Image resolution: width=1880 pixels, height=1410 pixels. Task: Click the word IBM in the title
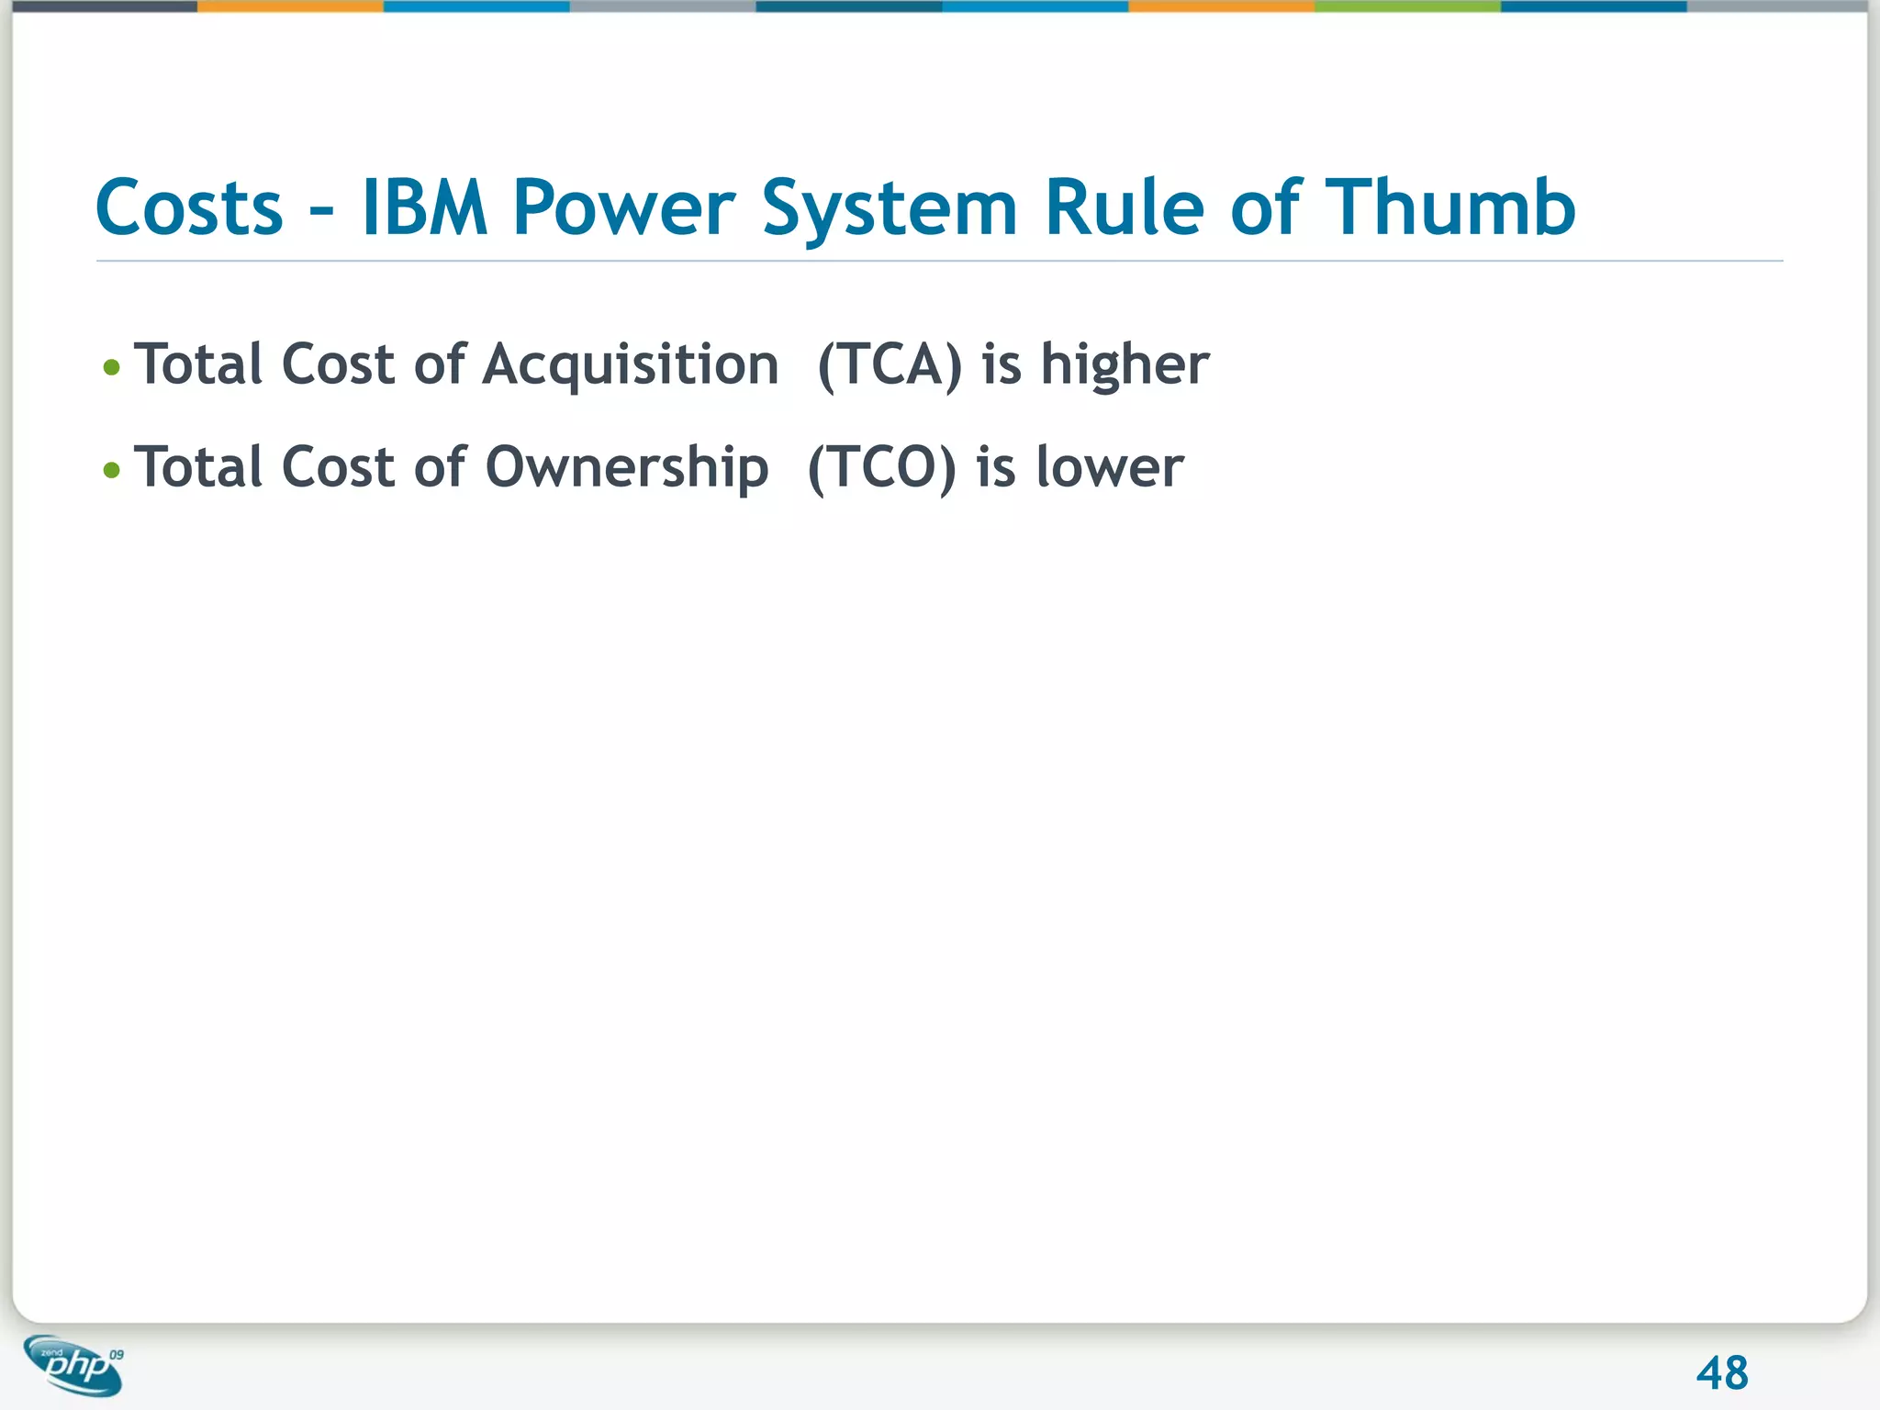[x=424, y=207]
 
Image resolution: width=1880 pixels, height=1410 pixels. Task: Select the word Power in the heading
[x=624, y=207]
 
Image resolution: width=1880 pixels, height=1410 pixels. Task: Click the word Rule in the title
[x=1125, y=207]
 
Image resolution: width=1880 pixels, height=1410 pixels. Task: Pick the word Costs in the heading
[x=189, y=207]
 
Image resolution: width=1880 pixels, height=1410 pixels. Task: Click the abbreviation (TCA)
[x=890, y=364]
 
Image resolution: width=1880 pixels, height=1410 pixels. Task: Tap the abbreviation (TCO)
[x=881, y=467]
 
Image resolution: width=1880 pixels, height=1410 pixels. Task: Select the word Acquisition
[x=631, y=364]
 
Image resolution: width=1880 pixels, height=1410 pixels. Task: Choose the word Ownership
[x=626, y=467]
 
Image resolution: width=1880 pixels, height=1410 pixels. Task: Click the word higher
[x=1125, y=364]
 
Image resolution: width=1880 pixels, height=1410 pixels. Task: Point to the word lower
[x=1110, y=467]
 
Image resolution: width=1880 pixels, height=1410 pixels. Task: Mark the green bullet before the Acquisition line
[x=112, y=368]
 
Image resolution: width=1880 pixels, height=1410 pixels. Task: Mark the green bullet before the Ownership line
[x=112, y=471]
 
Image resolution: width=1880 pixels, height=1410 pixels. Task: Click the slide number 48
[x=1722, y=1373]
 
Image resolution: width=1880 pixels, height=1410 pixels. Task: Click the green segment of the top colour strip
[x=1407, y=6]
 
